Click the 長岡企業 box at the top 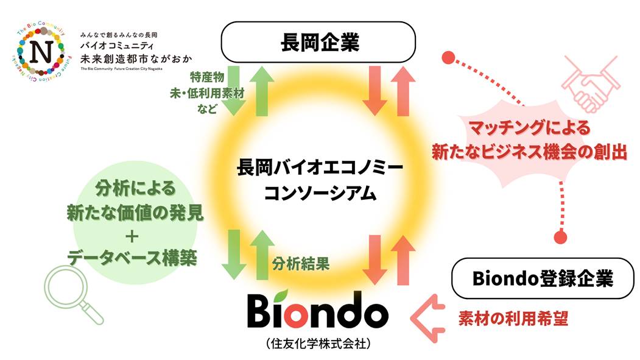(x=320, y=43)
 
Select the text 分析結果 (x=301, y=264)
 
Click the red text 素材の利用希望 (x=513, y=318)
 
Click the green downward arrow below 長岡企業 (x=234, y=91)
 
